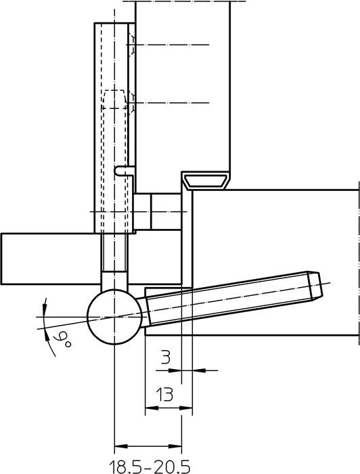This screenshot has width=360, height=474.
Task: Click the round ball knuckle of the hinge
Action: (x=114, y=317)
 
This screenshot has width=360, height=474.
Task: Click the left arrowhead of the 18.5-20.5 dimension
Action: (x=119, y=446)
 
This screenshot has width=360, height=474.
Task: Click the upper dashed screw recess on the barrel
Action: (x=133, y=48)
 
